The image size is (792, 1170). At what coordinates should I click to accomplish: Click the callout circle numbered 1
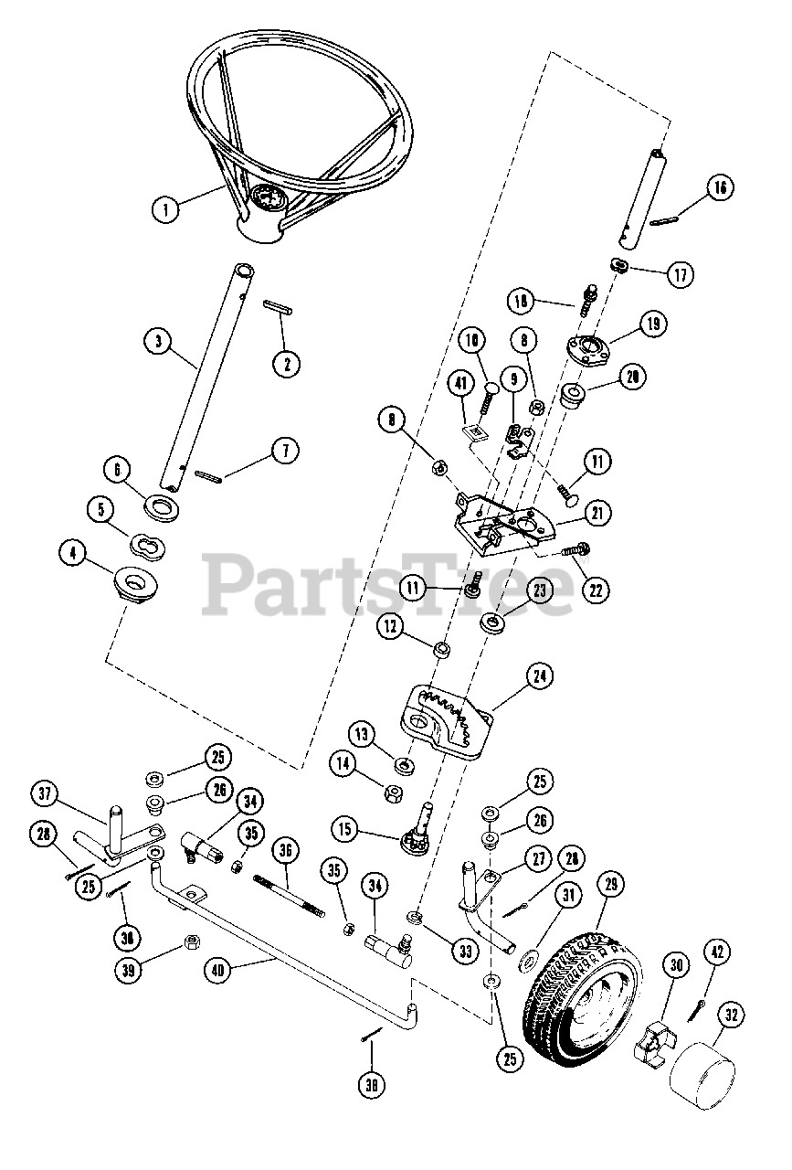[x=165, y=209]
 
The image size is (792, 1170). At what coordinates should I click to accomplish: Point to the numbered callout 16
[x=720, y=188]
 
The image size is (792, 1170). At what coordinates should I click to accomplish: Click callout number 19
[x=653, y=324]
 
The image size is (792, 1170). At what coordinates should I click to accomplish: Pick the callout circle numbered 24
[x=540, y=676]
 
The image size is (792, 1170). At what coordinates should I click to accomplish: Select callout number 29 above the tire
[x=611, y=885]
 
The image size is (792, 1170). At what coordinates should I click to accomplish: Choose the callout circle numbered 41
[x=461, y=387]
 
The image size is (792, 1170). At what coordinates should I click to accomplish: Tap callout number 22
[x=597, y=590]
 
